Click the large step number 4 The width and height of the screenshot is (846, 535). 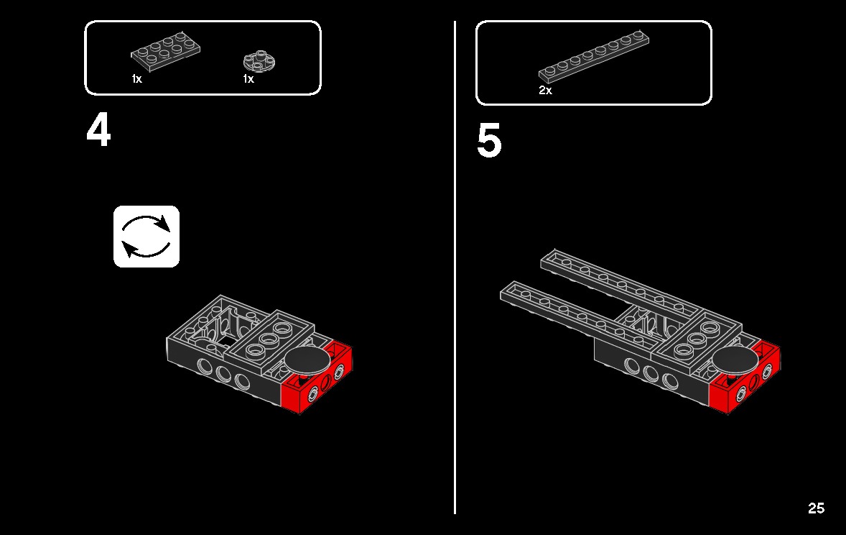tap(99, 132)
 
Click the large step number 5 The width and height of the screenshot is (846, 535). tap(489, 142)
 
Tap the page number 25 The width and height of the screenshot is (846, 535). tap(816, 508)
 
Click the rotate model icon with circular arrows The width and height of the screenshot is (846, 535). tap(147, 237)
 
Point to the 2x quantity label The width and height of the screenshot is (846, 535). tap(545, 91)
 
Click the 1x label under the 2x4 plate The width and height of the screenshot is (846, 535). tap(136, 79)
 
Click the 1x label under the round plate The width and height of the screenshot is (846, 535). tap(248, 79)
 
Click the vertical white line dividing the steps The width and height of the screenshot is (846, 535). tap(455, 288)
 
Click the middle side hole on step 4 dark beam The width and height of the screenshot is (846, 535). tap(223, 374)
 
